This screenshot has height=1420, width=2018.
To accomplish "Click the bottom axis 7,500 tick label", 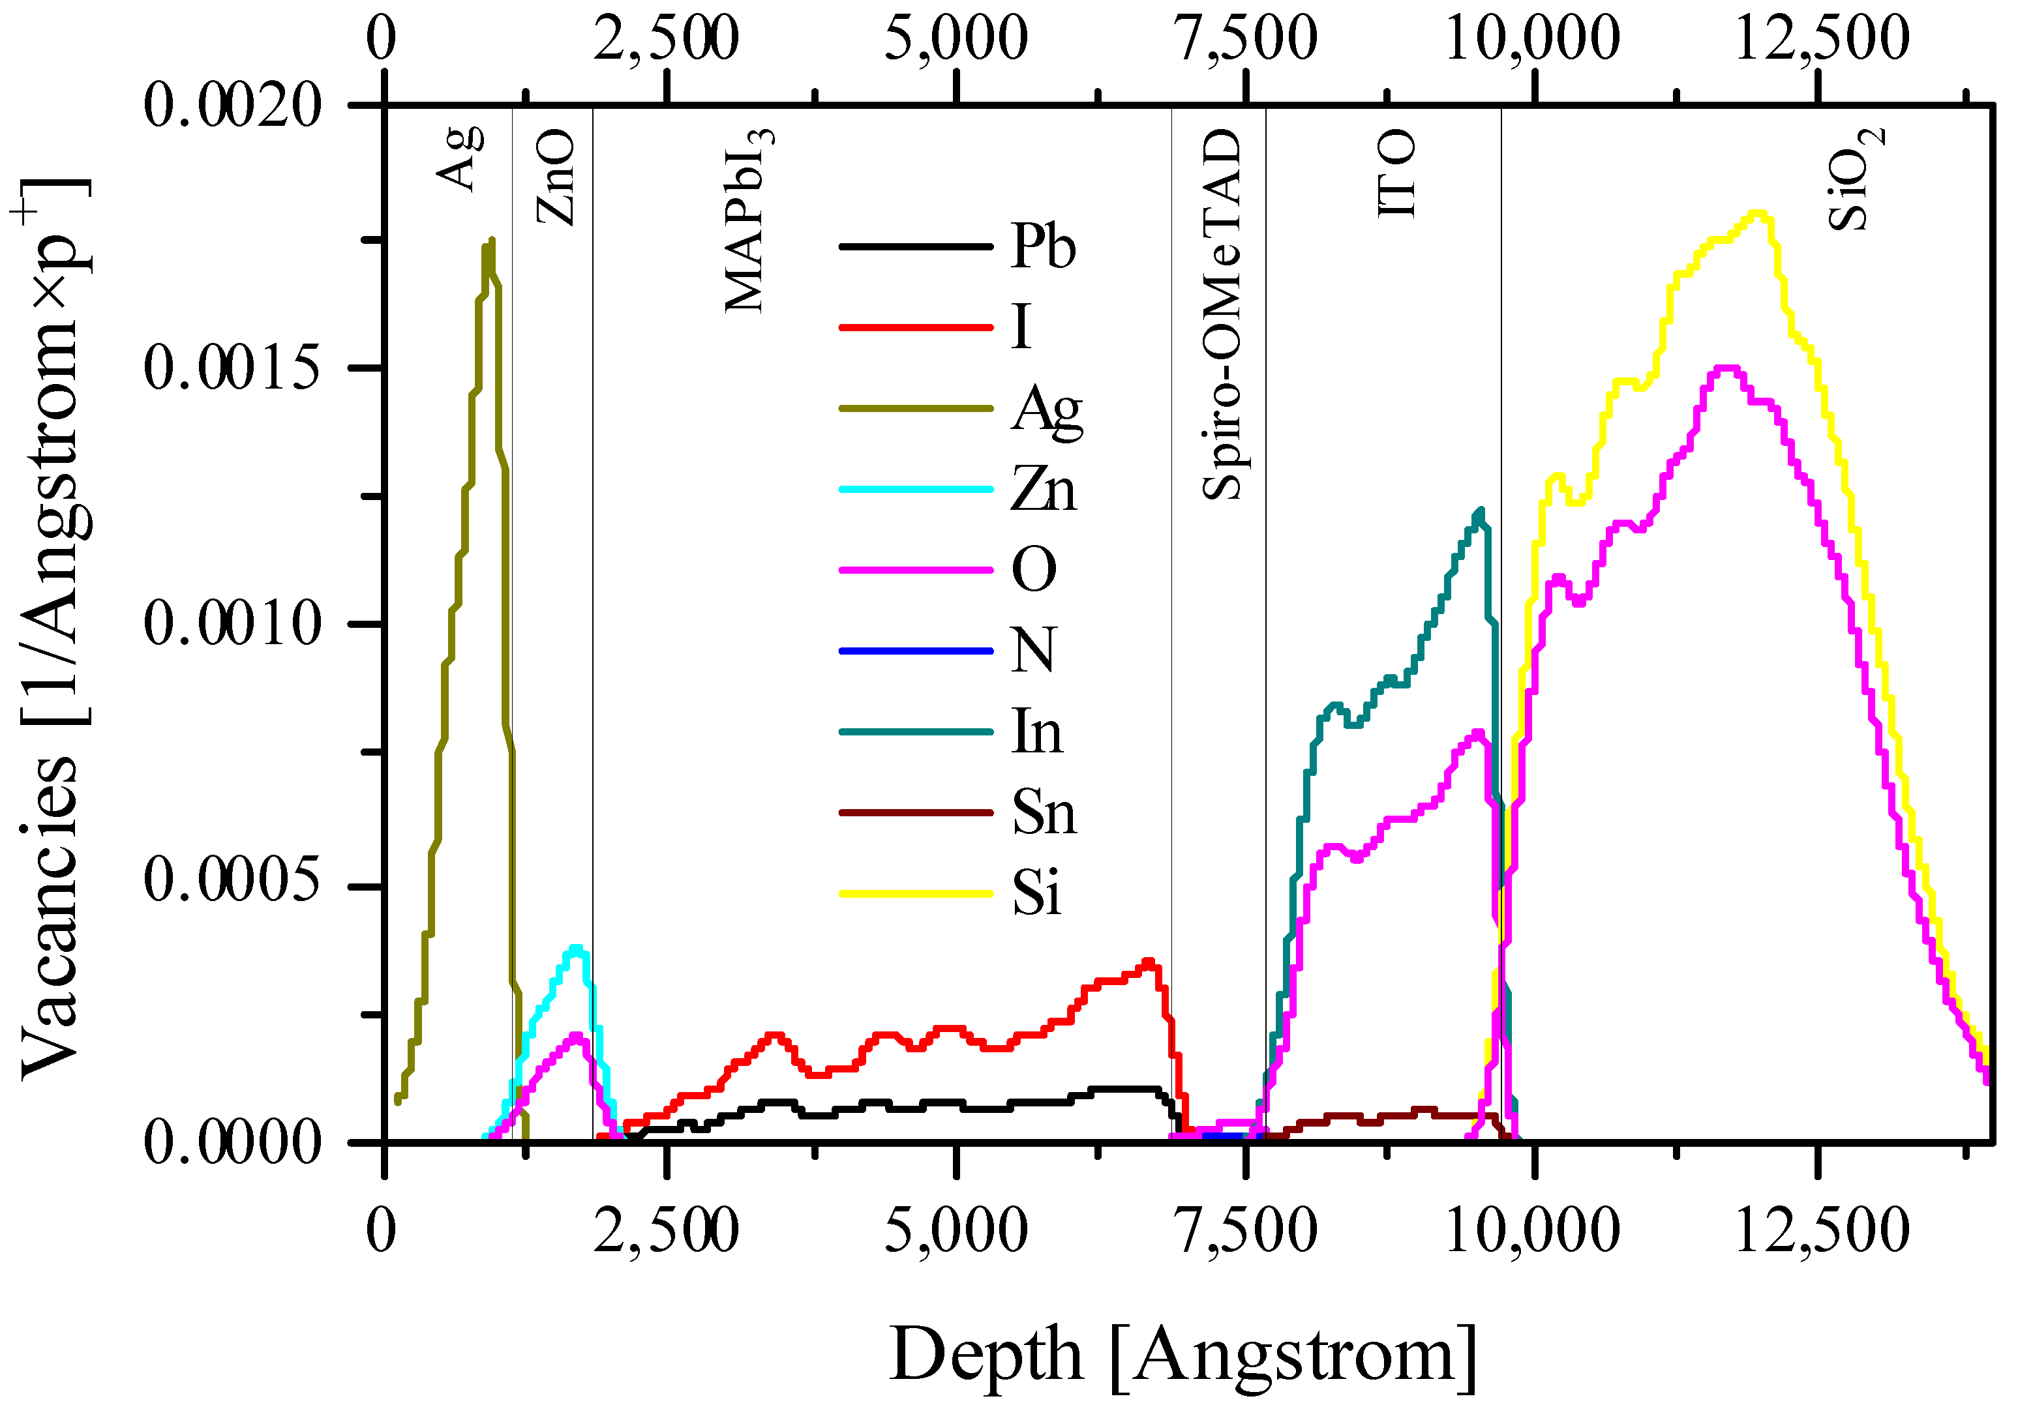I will [1246, 1231].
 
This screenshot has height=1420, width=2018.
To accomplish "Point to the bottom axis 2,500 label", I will [666, 1231].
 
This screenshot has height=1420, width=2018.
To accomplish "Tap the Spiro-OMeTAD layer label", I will [1222, 315].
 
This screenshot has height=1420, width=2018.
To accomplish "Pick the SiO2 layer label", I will [1854, 179].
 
